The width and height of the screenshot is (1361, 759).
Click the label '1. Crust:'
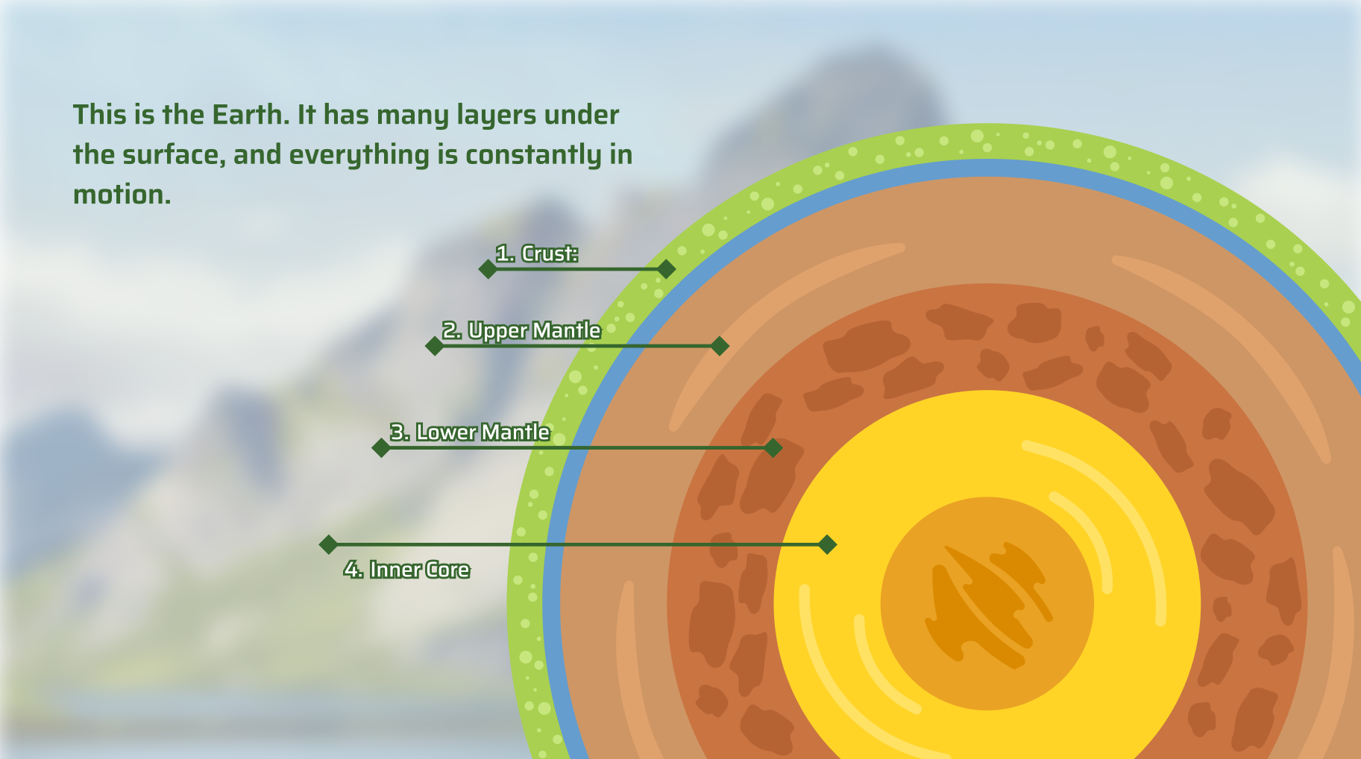point(537,253)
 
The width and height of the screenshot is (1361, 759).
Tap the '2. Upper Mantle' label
point(521,330)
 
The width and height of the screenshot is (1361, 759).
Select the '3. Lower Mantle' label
point(470,432)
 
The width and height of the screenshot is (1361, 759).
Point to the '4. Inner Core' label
point(406,570)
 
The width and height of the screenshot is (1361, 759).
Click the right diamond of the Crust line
point(667,269)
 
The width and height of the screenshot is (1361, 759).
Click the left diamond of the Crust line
point(488,269)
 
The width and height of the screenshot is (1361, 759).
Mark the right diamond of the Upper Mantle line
point(720,346)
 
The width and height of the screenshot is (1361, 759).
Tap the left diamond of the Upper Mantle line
point(435,346)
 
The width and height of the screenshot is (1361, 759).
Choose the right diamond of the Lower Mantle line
point(773,448)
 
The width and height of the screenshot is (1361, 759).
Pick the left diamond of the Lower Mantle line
point(381,448)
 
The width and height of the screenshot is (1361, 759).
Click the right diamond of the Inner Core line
point(827,545)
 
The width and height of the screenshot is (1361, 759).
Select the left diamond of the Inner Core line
point(328,545)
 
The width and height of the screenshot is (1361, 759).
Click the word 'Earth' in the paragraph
point(251,115)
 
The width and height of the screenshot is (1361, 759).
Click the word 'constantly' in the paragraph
point(533,156)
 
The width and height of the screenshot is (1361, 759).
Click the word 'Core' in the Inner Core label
point(448,570)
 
